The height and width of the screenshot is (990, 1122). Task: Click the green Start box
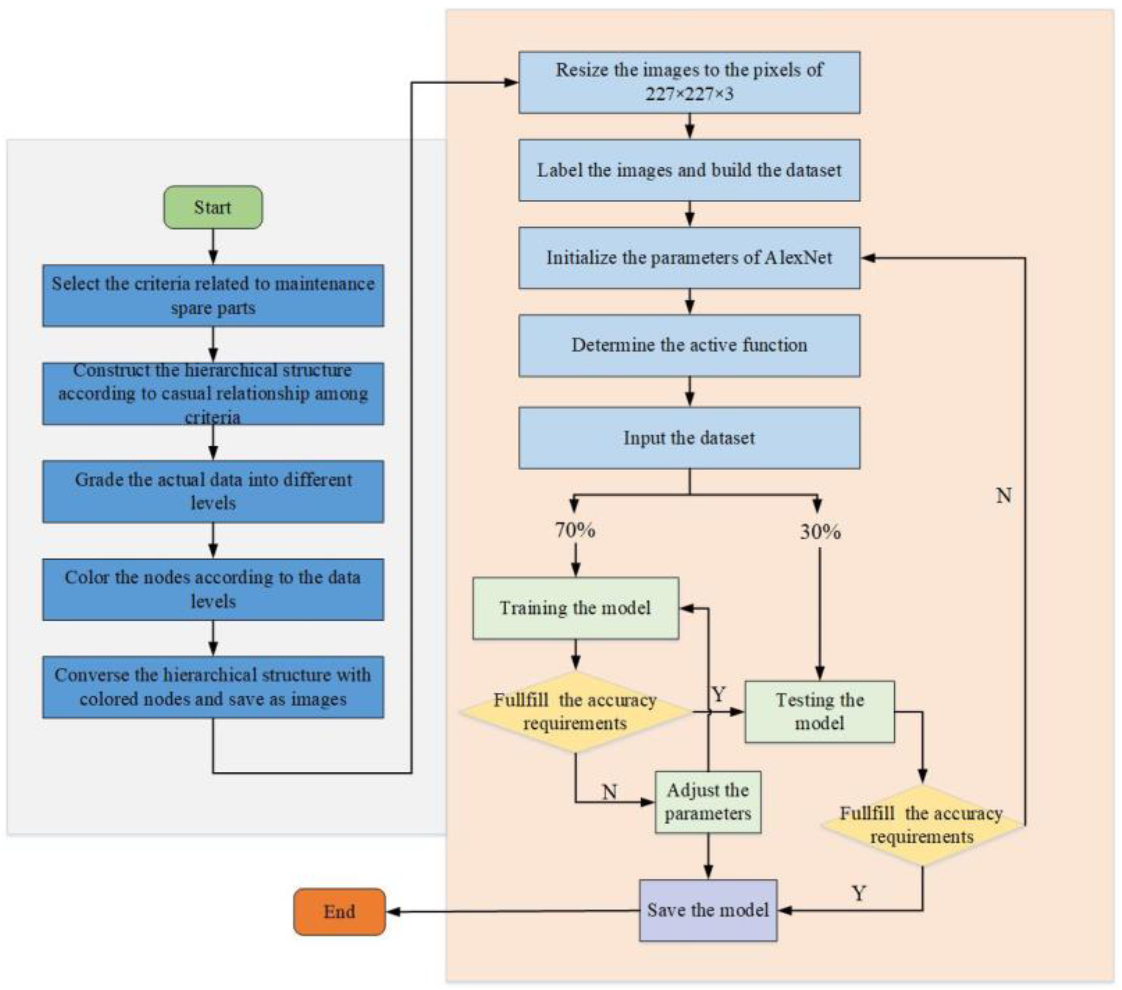pyautogui.click(x=213, y=207)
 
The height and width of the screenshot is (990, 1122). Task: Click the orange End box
pyautogui.click(x=339, y=911)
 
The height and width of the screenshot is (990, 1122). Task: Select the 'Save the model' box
pyautogui.click(x=708, y=910)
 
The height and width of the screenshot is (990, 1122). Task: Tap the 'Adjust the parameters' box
pyautogui.click(x=708, y=802)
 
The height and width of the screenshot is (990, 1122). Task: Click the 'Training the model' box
pyautogui.click(x=575, y=608)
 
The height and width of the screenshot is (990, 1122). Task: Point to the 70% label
pyautogui.click(x=575, y=530)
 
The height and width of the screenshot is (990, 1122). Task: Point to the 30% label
pyautogui.click(x=820, y=531)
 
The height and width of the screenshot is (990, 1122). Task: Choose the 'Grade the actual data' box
pyautogui.click(x=213, y=491)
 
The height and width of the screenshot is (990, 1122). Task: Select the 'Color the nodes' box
pyautogui.click(x=213, y=589)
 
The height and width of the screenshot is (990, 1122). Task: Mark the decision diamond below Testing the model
pyautogui.click(x=922, y=825)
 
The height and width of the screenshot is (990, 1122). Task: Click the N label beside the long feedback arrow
pyautogui.click(x=1004, y=496)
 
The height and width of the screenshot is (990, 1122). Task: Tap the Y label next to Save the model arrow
pyautogui.click(x=859, y=893)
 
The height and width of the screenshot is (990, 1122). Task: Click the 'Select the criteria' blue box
pyautogui.click(x=213, y=295)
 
